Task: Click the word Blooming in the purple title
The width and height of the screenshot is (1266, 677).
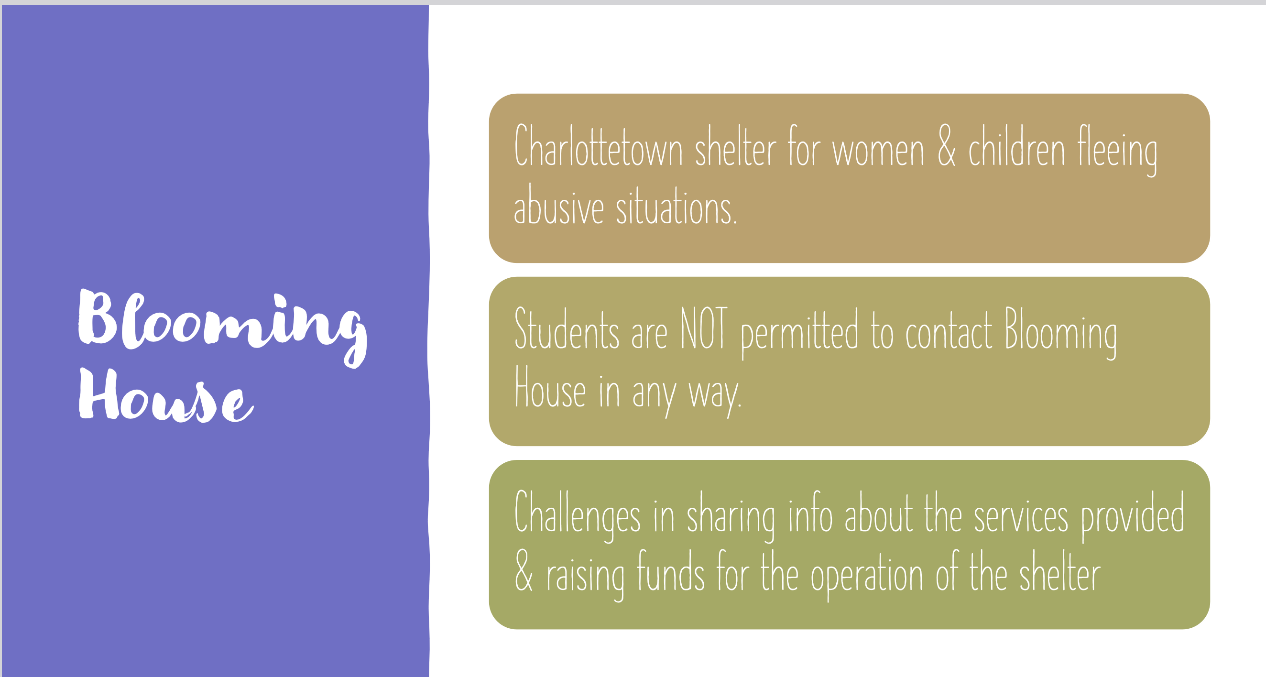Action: coord(222,325)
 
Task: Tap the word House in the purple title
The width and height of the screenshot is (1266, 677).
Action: coord(166,397)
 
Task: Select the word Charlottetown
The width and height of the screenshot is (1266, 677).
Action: coord(598,146)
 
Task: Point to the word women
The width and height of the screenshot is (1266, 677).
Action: coord(878,151)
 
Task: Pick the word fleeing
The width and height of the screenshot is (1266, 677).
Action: coord(1117,150)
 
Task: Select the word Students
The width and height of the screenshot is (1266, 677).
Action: coord(566,329)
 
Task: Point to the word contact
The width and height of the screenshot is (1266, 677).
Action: coord(949,330)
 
